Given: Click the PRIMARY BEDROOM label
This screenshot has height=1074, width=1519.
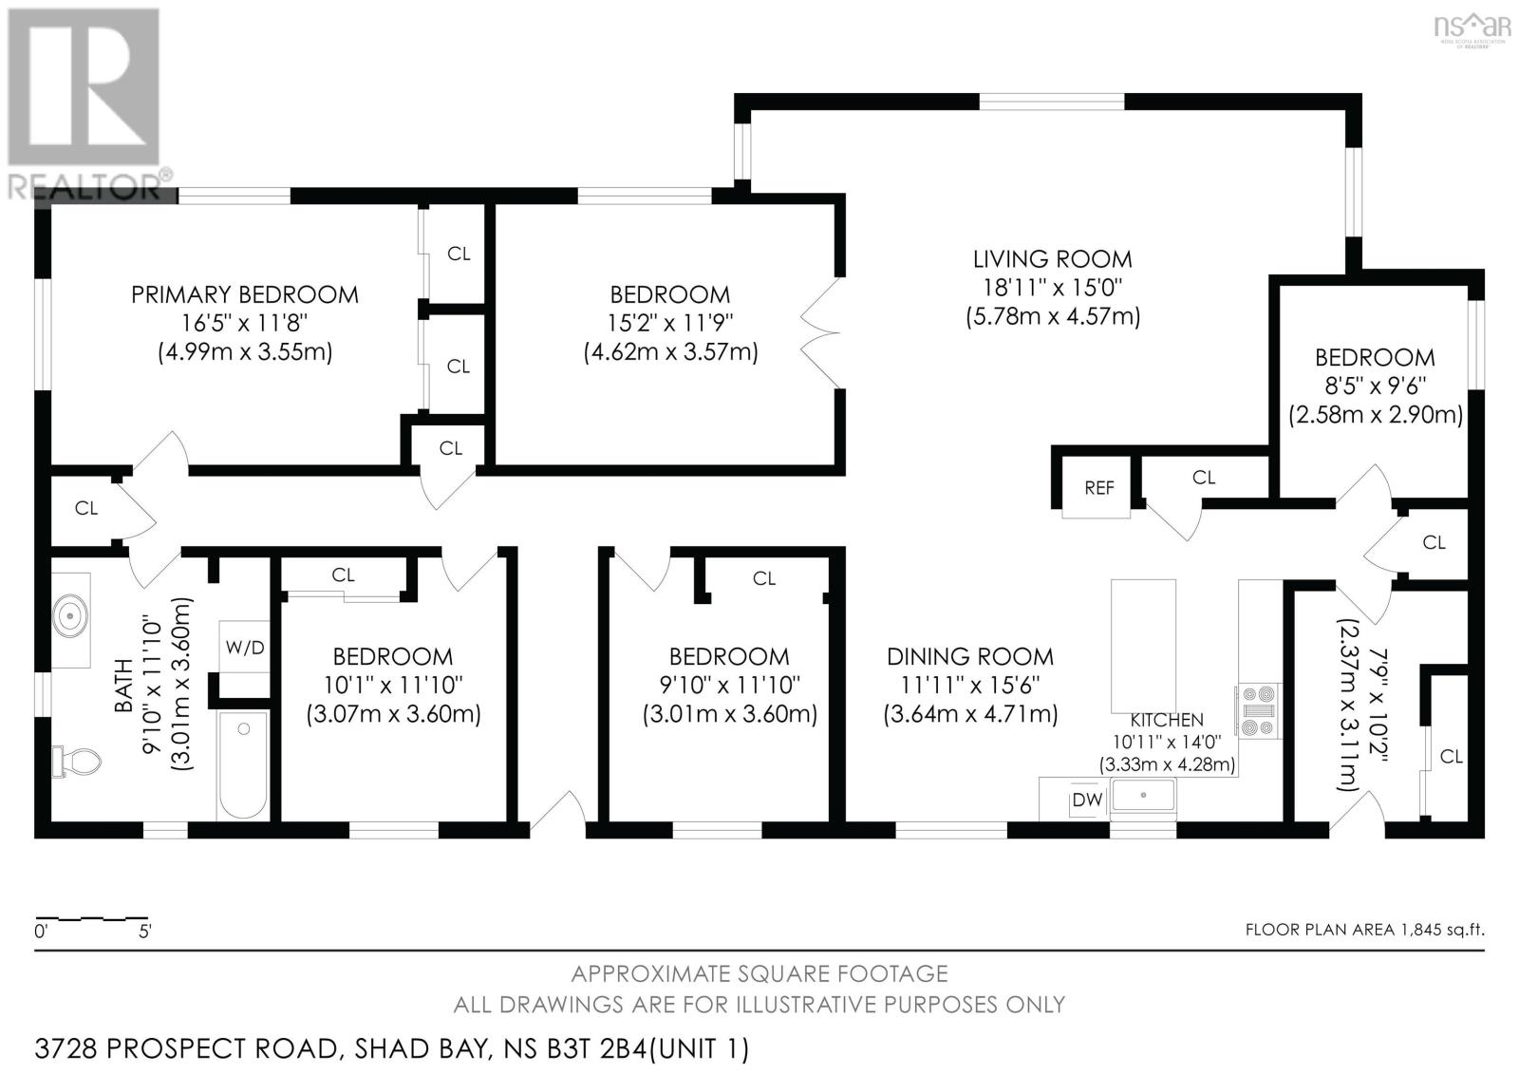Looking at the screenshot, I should click(245, 294).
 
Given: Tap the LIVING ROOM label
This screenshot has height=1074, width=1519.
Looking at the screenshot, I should click(1052, 258).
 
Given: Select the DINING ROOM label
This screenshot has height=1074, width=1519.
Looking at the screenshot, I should click(969, 656).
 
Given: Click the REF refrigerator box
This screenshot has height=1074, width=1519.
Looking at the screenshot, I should click(1098, 487).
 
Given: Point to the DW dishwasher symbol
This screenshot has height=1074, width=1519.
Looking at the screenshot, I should click(1086, 800).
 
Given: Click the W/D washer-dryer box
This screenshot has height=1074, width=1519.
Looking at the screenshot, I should click(245, 648).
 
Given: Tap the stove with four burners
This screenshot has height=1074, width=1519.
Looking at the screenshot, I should click(1259, 711).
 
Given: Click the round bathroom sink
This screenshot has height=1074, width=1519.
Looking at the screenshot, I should click(69, 619).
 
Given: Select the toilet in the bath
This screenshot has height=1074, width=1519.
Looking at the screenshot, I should click(78, 760).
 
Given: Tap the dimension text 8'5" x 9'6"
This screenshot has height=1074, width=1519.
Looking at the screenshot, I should click(1374, 386).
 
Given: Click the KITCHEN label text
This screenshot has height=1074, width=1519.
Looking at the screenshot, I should click(1166, 721).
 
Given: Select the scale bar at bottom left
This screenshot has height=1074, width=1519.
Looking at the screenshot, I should click(92, 919).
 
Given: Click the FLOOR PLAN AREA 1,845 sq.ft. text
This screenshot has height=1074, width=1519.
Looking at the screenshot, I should click(1364, 930).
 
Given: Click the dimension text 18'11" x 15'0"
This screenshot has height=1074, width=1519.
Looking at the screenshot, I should click(1052, 287).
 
